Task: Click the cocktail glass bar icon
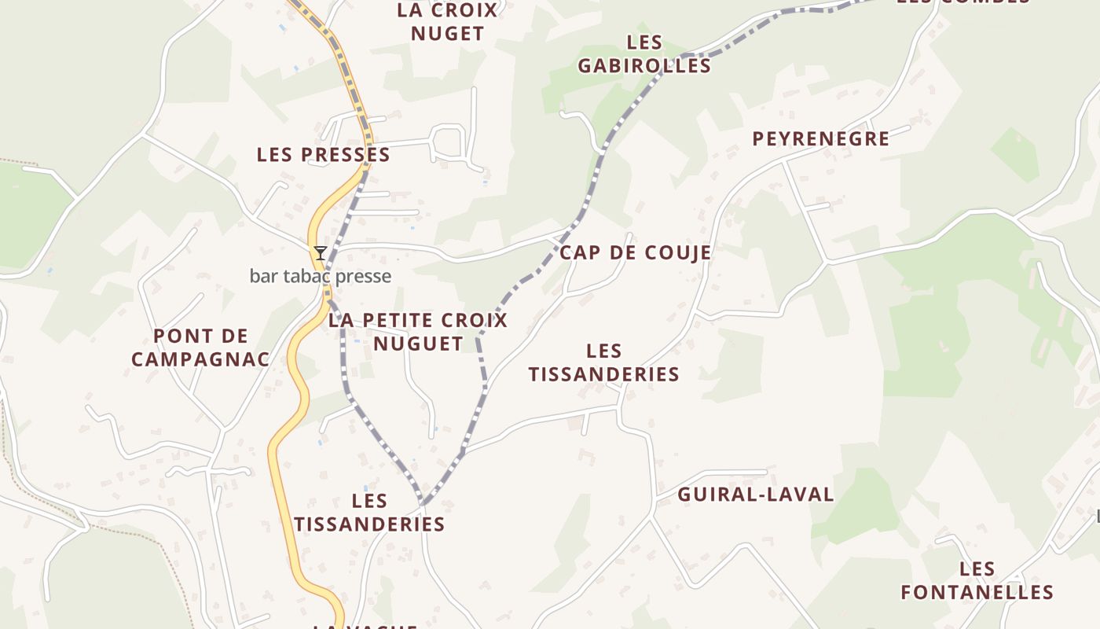321,253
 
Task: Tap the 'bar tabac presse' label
320,276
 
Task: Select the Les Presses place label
323,155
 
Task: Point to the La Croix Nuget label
448,22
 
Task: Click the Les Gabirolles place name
644,54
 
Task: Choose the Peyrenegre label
821,139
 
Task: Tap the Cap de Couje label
635,252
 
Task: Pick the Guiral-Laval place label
755,495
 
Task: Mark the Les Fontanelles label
977,580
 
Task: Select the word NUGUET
418,344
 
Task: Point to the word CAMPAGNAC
200,360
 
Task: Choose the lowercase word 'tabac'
321,276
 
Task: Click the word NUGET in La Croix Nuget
448,34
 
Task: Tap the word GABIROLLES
644,66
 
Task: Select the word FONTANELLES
977,592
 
